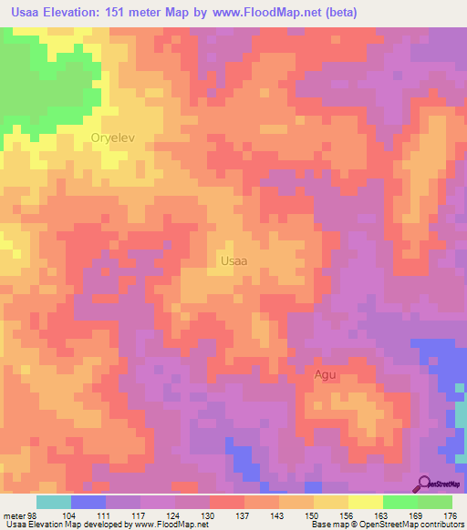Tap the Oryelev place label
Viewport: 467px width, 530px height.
(113, 138)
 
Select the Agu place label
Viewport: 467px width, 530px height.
(325, 374)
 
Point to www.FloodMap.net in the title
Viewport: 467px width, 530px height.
(280, 12)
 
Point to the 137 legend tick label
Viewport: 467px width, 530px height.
(244, 515)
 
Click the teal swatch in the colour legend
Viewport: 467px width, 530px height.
(53, 502)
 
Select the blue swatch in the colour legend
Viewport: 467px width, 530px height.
(88, 502)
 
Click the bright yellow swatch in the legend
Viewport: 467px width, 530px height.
(365, 502)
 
